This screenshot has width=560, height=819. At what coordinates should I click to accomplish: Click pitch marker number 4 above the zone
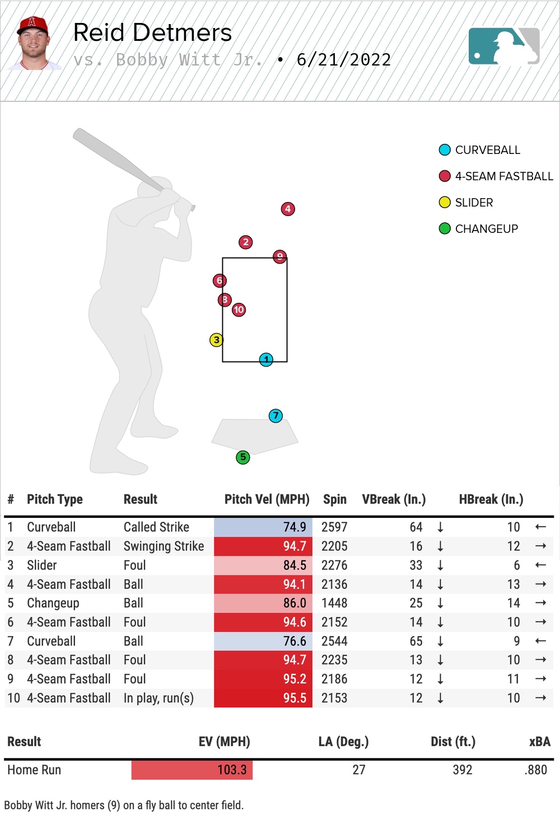click(288, 209)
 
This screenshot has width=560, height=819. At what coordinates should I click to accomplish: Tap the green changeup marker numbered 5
click(242, 457)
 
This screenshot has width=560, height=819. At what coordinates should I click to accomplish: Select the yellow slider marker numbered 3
click(216, 340)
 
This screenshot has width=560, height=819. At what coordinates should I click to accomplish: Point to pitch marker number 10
click(239, 310)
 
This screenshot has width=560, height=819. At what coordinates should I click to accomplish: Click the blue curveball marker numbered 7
click(276, 416)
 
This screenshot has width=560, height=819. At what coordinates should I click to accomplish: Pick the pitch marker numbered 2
click(245, 242)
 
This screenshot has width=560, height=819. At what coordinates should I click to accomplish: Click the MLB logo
click(504, 46)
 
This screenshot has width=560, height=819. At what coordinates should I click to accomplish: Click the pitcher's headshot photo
click(34, 44)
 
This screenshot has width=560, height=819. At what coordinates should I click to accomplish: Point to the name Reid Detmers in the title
click(152, 33)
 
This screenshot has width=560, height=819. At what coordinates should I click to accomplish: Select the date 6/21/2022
click(344, 60)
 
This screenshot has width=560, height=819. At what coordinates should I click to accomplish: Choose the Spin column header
click(334, 499)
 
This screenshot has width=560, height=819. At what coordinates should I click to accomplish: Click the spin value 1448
click(334, 603)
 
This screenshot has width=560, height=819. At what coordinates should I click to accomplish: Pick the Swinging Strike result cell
click(164, 546)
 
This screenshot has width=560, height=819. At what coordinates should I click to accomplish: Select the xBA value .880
click(536, 770)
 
